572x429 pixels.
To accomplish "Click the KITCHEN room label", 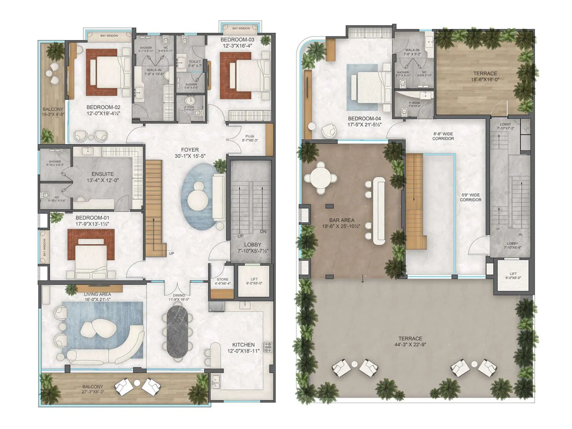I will click(x=243, y=345).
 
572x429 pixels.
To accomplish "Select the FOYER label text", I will click(x=190, y=150).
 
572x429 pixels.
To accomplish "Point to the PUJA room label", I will click(x=250, y=136).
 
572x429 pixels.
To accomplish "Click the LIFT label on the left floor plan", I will click(x=254, y=279).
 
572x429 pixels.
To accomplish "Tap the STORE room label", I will click(x=222, y=279).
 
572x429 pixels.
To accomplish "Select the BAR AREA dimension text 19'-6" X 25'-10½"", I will click(x=341, y=226).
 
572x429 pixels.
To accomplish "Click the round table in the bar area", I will click(x=321, y=178).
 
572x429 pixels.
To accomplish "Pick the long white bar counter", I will click(x=379, y=211).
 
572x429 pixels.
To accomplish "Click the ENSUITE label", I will click(x=103, y=174).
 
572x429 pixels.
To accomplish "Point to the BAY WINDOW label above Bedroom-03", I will click(x=241, y=28).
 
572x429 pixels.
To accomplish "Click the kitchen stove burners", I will click(x=267, y=347).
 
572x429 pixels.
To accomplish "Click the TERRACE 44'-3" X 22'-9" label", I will click(x=410, y=338).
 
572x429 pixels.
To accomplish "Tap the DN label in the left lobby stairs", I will click(x=263, y=232).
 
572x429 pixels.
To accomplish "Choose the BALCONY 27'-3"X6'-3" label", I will click(x=93, y=387).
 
